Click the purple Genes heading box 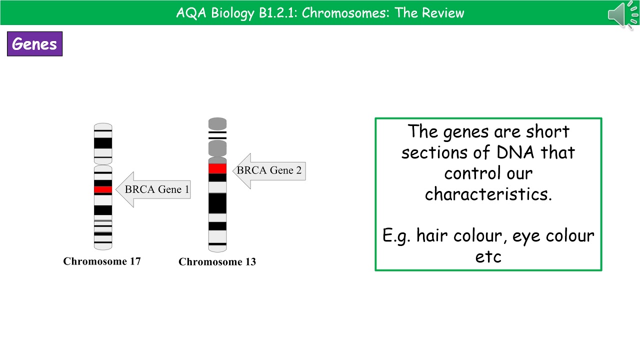34,44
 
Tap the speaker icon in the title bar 620,14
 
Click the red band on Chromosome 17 103,189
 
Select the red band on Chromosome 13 217,168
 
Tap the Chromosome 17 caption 102,261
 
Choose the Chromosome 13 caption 217,261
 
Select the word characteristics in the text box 488,194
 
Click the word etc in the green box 488,256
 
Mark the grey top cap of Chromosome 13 217,123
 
